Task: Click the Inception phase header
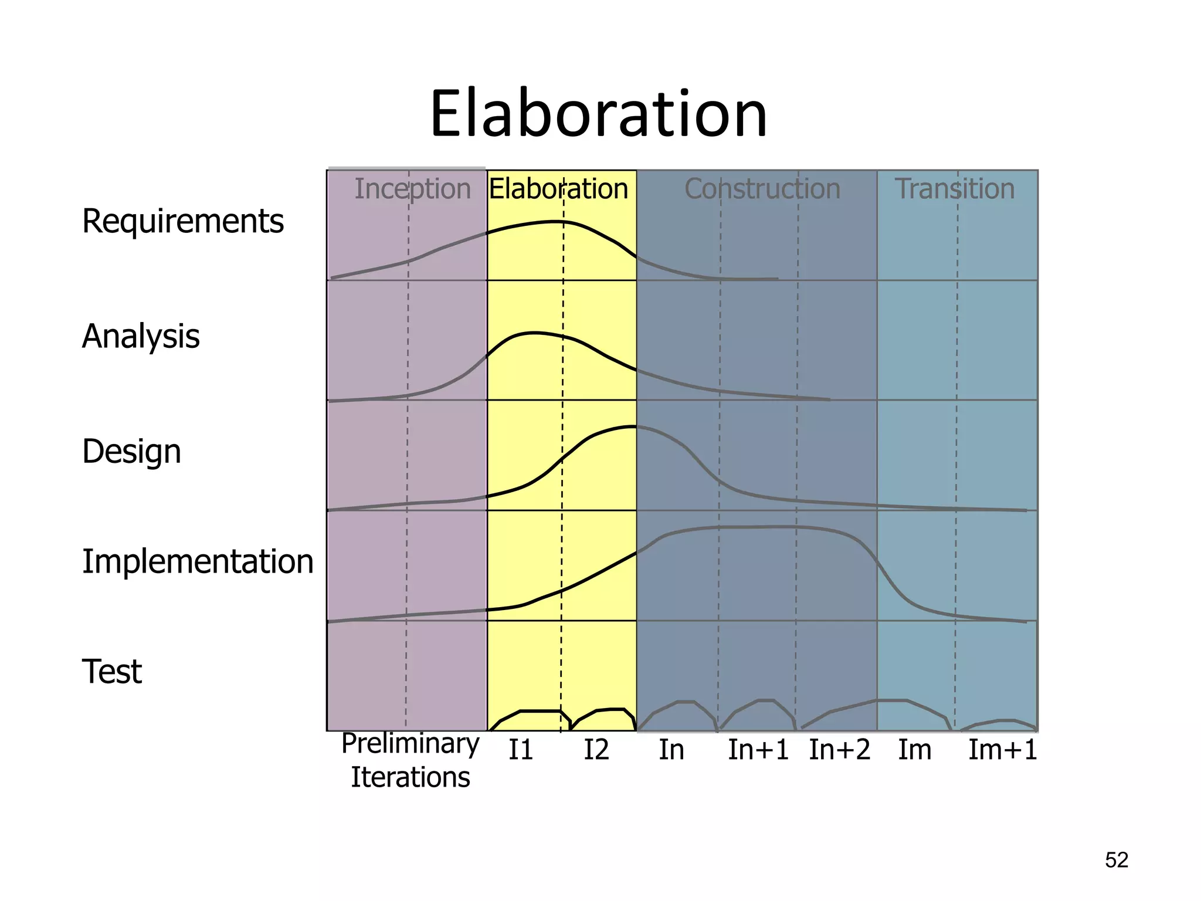[x=412, y=189]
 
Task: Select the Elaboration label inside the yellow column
[x=558, y=189]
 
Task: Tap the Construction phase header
[x=762, y=189]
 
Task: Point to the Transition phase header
[x=955, y=189]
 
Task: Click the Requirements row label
[x=182, y=222]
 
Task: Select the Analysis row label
[x=141, y=337]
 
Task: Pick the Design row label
[x=131, y=452]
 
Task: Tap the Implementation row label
[x=198, y=562]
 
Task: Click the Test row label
[x=111, y=672]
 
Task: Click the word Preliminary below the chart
[x=410, y=744]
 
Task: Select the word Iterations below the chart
[x=410, y=778]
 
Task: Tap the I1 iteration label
[x=520, y=750]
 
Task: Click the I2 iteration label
[x=596, y=750]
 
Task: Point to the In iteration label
[x=671, y=750]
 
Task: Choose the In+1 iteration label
[x=758, y=750]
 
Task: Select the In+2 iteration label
[x=839, y=750]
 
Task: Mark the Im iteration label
[x=914, y=750]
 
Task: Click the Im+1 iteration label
[x=1002, y=750]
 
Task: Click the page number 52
[x=1116, y=861]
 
